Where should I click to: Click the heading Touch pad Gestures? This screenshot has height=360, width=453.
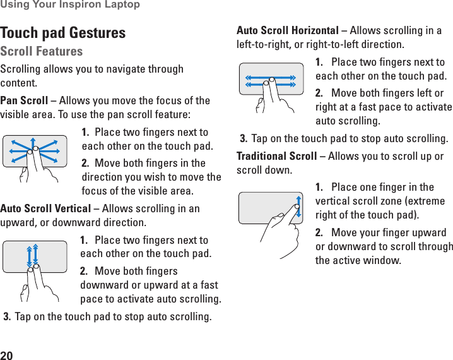(x=63, y=33)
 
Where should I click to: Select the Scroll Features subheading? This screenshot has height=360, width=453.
(x=42, y=51)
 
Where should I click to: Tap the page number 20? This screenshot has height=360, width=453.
(x=7, y=354)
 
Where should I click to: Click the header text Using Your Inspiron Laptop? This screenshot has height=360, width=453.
(x=70, y=5)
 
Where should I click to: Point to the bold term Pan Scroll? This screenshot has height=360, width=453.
(x=24, y=100)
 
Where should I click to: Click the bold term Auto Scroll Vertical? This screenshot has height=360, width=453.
(x=45, y=209)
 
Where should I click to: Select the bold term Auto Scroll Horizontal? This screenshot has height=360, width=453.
(x=287, y=30)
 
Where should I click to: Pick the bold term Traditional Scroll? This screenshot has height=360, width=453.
(x=276, y=156)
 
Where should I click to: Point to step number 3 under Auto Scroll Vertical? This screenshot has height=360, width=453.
(x=7, y=316)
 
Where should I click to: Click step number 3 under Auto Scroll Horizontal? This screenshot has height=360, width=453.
(x=244, y=138)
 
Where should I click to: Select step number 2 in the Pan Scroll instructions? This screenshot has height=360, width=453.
(x=85, y=163)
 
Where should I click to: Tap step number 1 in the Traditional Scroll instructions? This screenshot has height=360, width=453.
(x=319, y=187)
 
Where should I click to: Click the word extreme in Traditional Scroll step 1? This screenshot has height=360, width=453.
(x=427, y=201)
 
